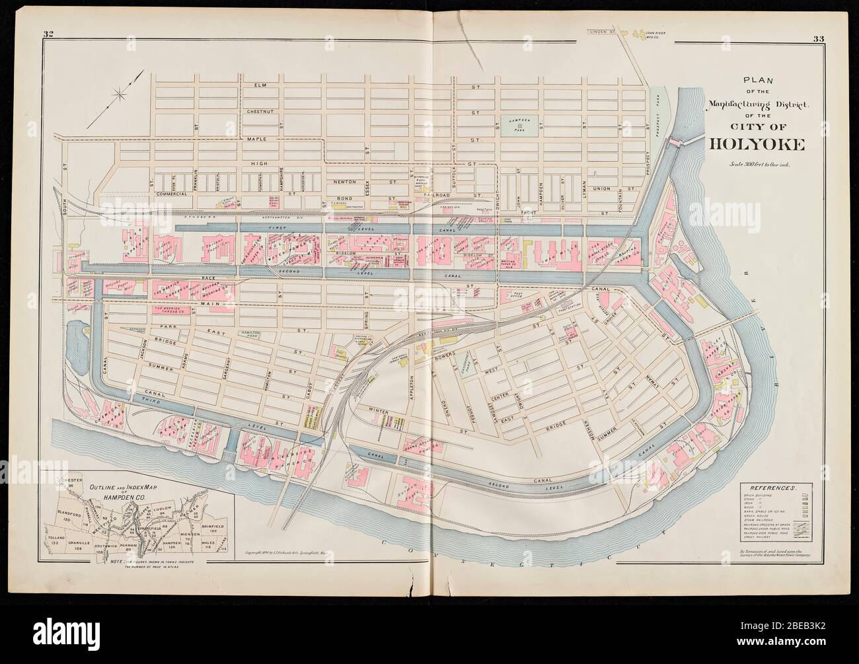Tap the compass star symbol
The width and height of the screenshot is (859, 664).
coord(121,95)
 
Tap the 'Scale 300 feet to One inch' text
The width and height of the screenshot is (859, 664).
coord(749,164)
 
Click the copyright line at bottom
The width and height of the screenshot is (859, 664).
coord(295,552)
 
